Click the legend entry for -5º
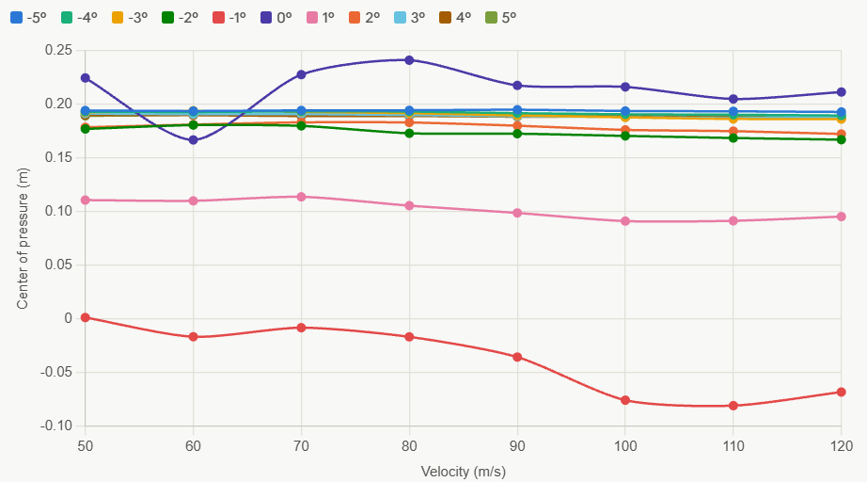pyautogui.click(x=28, y=18)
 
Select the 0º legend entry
pyautogui.click(x=276, y=18)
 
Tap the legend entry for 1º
pyautogui.click(x=321, y=18)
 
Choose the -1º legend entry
pyautogui.click(x=229, y=18)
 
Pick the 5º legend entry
pyautogui.click(x=500, y=18)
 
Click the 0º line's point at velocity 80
pyautogui.click(x=409, y=59)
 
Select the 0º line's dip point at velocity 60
pyautogui.click(x=193, y=140)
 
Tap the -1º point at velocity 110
pyautogui.click(x=733, y=406)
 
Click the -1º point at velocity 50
pyautogui.click(x=86, y=317)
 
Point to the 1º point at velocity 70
pyautogui.click(x=301, y=197)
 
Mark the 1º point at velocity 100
pyautogui.click(x=625, y=221)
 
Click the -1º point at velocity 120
pyautogui.click(x=841, y=392)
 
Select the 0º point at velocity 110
pyautogui.click(x=733, y=99)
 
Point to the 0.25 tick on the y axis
pyautogui.click(x=58, y=50)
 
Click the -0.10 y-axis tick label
pyautogui.click(x=56, y=426)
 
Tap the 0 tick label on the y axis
pyautogui.click(x=68, y=318)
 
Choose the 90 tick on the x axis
pyautogui.click(x=517, y=446)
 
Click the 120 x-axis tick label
pyautogui.click(x=841, y=446)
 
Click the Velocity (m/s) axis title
pyautogui.click(x=464, y=472)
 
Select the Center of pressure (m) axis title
pyautogui.click(x=23, y=238)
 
